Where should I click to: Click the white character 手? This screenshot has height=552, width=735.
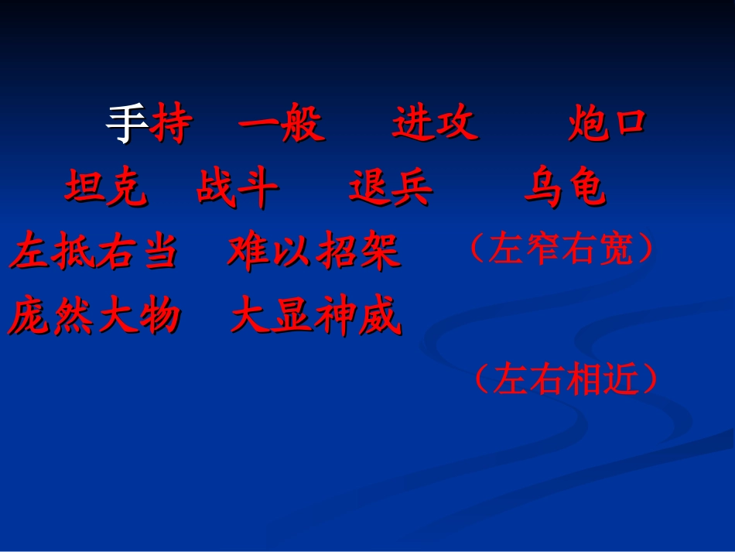127,124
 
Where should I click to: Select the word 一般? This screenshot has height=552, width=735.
281,124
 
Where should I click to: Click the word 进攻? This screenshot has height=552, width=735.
435,124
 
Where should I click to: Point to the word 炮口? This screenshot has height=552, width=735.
607,124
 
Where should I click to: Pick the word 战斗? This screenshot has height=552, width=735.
237,188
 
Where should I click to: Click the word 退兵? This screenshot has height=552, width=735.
391,188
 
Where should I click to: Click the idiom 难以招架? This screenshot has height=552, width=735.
313,252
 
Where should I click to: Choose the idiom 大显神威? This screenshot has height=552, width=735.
316,317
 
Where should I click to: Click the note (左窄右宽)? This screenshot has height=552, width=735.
562,249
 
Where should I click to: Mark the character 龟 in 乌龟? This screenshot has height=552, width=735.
586,188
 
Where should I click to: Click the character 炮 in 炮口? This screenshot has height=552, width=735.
586,124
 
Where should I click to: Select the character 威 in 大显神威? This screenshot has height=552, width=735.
380,317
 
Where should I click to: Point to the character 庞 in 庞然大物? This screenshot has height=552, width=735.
30,317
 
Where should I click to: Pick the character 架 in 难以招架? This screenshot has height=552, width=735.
379,252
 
